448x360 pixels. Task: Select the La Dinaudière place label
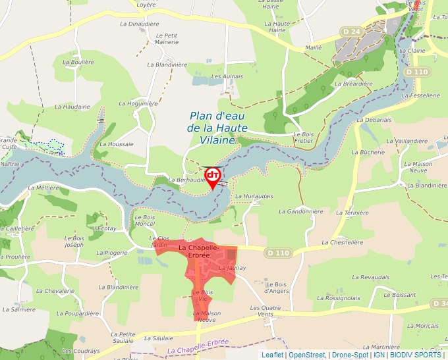[140, 24]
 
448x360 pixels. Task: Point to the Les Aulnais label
[227, 76]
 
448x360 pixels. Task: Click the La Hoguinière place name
[138, 103]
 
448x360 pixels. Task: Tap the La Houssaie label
[117, 144]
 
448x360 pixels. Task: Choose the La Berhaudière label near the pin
[188, 180]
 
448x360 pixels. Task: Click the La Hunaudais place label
[254, 196]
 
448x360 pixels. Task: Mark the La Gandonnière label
[301, 211]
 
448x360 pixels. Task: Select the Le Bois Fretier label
[303, 137]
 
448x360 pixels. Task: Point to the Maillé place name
[314, 47]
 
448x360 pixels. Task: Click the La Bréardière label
[354, 84]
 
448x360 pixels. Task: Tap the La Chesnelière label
[343, 242]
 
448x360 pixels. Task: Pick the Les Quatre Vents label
[266, 311]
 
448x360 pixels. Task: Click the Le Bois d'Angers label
[277, 287]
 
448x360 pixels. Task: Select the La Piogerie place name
[115, 252]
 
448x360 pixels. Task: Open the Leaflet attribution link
[272, 355]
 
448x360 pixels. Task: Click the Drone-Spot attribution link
[349, 355]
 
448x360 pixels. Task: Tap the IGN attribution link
[379, 355]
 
